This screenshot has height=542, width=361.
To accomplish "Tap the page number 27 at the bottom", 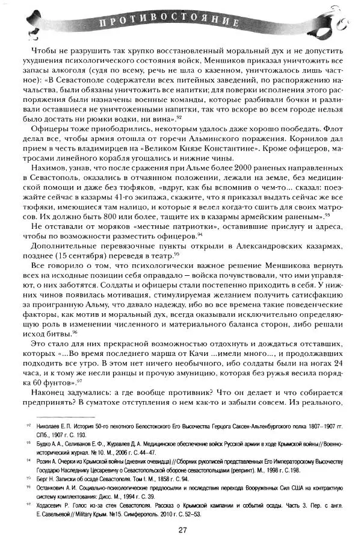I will [x=182, y=529].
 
